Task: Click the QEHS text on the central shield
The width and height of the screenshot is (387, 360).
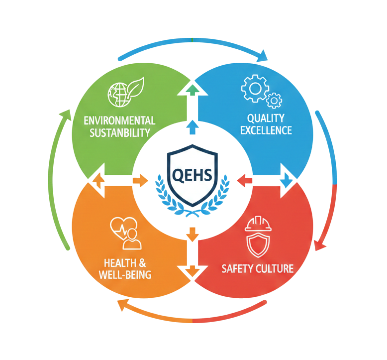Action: click(x=193, y=175)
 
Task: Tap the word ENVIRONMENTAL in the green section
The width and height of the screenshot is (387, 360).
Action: click(x=119, y=121)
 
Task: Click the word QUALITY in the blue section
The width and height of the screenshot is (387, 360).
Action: click(x=266, y=119)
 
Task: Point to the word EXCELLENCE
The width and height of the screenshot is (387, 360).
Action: click(x=266, y=131)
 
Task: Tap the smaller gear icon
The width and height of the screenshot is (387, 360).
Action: click(x=274, y=101)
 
